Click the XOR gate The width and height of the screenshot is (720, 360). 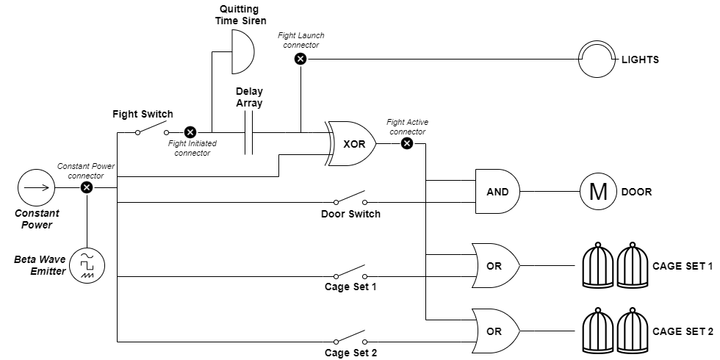(x=351, y=144)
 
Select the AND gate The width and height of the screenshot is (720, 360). (x=498, y=192)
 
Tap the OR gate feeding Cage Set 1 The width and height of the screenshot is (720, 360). (x=496, y=266)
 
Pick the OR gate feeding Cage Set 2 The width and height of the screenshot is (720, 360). (x=496, y=331)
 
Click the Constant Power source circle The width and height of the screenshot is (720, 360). (x=36, y=188)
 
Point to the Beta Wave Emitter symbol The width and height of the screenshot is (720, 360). (x=87, y=265)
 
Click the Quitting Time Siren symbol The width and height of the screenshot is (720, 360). (x=242, y=52)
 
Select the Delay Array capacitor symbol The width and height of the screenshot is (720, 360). (x=249, y=133)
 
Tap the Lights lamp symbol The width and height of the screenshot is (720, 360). (x=597, y=60)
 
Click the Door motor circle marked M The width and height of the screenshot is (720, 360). (x=598, y=192)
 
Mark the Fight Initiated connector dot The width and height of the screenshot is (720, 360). (x=190, y=133)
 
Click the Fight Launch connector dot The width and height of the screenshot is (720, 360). (x=300, y=59)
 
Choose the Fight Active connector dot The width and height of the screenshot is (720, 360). (x=407, y=144)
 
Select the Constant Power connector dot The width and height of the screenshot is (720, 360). (x=87, y=188)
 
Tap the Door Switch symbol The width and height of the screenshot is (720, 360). (x=351, y=198)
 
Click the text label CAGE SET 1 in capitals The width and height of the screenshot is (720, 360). (x=683, y=266)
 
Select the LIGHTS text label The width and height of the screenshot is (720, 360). (x=640, y=60)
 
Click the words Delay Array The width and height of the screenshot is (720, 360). (x=249, y=97)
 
